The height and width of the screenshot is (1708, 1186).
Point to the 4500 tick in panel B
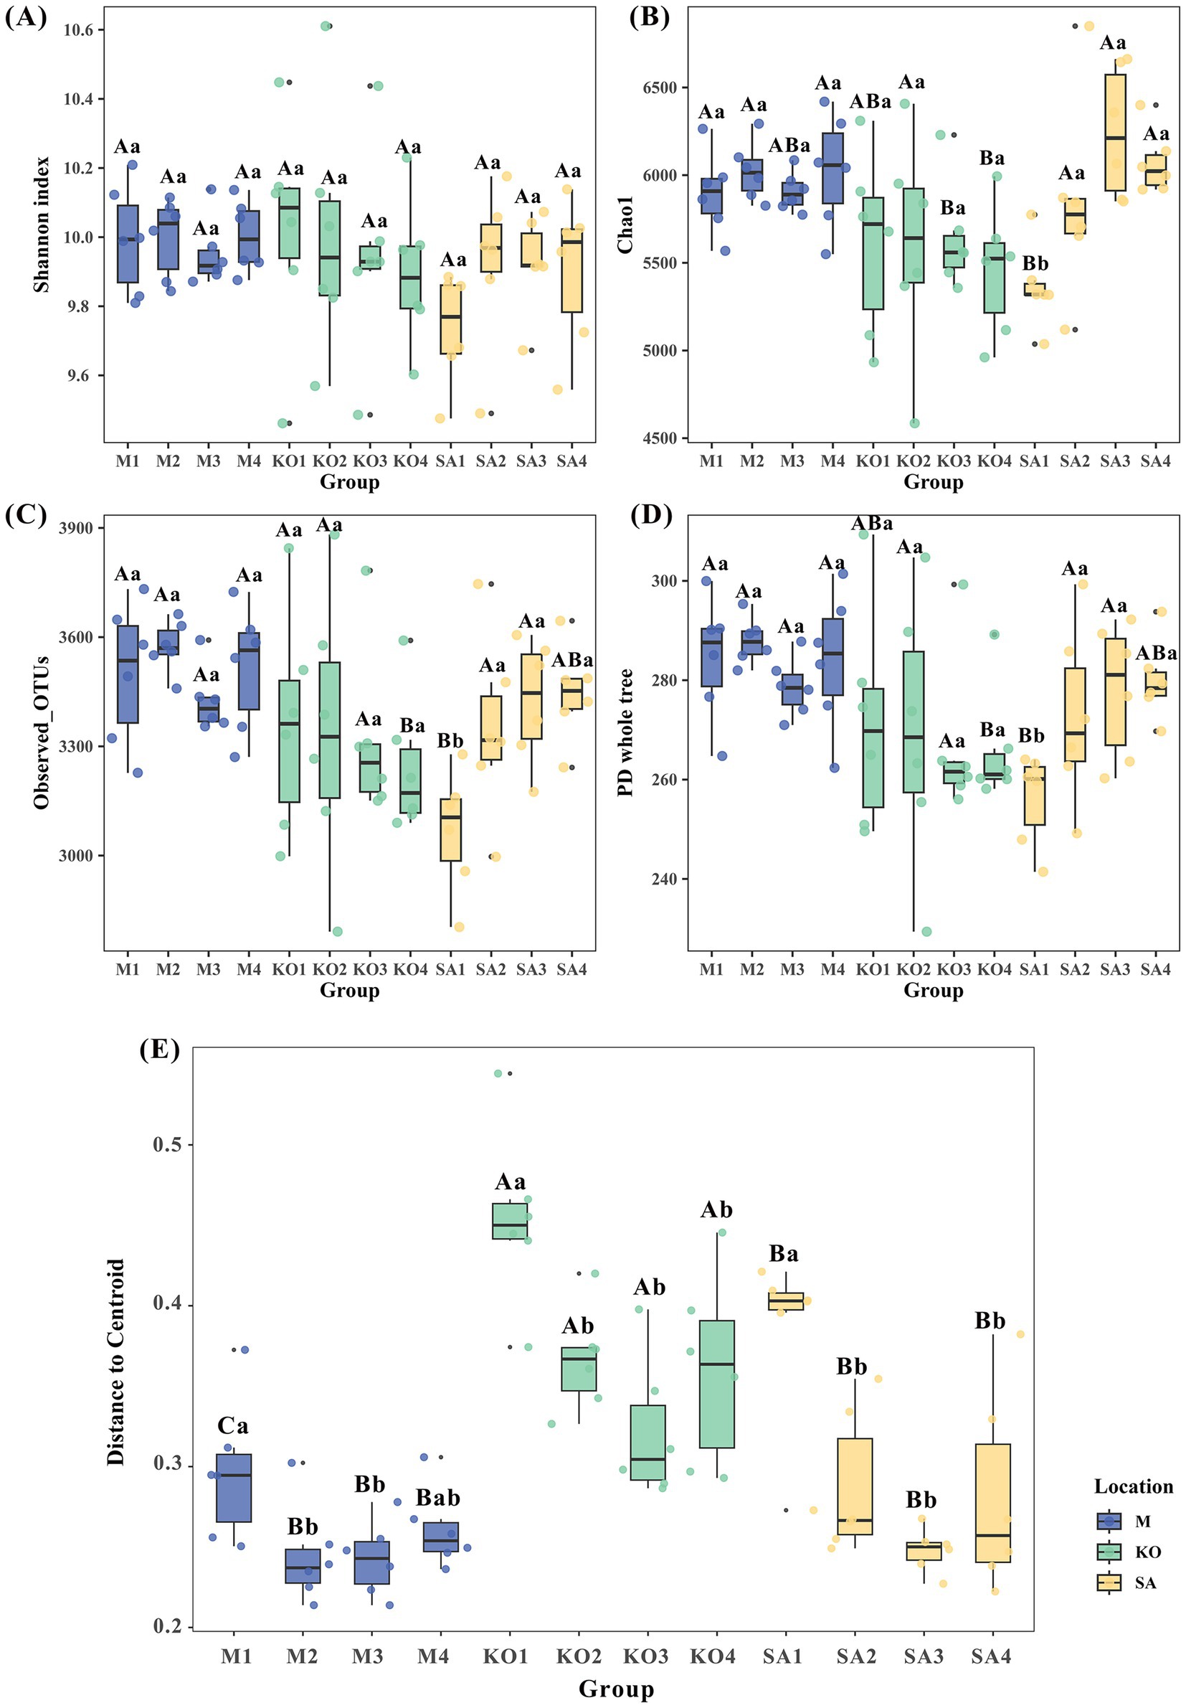click(x=661, y=438)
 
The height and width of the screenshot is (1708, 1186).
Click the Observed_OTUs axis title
click(x=42, y=732)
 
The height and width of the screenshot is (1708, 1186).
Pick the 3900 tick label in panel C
click(x=76, y=529)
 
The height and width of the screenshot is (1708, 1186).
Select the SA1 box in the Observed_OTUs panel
click(x=450, y=829)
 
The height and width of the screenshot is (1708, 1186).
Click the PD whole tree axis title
click(x=626, y=732)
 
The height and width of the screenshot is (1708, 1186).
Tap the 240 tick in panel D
click(x=666, y=879)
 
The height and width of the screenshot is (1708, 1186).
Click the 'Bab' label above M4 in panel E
click(x=437, y=1498)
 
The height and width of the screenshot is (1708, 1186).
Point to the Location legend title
click(x=1133, y=1486)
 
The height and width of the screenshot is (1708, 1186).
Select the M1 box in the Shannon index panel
click(x=128, y=244)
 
